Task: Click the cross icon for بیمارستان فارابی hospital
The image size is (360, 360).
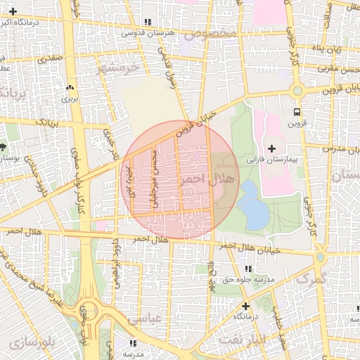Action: pyautogui.click(x=272, y=149)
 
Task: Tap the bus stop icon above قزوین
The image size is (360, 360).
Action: pyautogui.click(x=297, y=112)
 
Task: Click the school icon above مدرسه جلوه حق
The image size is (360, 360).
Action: pyautogui.click(x=247, y=269)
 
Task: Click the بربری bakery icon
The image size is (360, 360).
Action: pyautogui.click(x=70, y=88)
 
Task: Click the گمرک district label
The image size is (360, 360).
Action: pyautogui.click(x=313, y=279)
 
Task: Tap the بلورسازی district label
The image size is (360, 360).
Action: pyautogui.click(x=29, y=343)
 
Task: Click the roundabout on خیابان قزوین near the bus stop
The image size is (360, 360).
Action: pyautogui.click(x=297, y=90)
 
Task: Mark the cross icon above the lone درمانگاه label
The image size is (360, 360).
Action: pyautogui.click(x=245, y=306)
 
